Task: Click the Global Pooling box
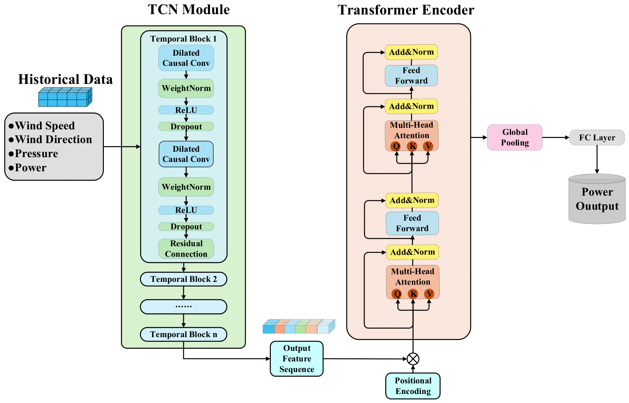(515, 137)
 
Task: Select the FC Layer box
(597, 138)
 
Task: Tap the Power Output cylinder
(597, 199)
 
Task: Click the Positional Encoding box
(413, 386)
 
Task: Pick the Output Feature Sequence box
(297, 359)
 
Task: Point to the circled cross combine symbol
(413, 359)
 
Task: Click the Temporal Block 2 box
(183, 279)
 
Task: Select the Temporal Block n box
(183, 334)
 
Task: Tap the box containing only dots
(183, 307)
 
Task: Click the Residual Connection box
(186, 249)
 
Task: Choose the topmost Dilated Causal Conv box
(186, 58)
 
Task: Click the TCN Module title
(189, 9)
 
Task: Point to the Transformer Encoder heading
(406, 10)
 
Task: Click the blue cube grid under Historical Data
(65, 97)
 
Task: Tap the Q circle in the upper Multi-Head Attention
(396, 146)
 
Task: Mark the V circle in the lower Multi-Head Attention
(429, 294)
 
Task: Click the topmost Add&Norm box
(411, 52)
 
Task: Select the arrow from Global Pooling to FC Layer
(556, 138)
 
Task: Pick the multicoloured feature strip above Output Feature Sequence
(299, 326)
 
